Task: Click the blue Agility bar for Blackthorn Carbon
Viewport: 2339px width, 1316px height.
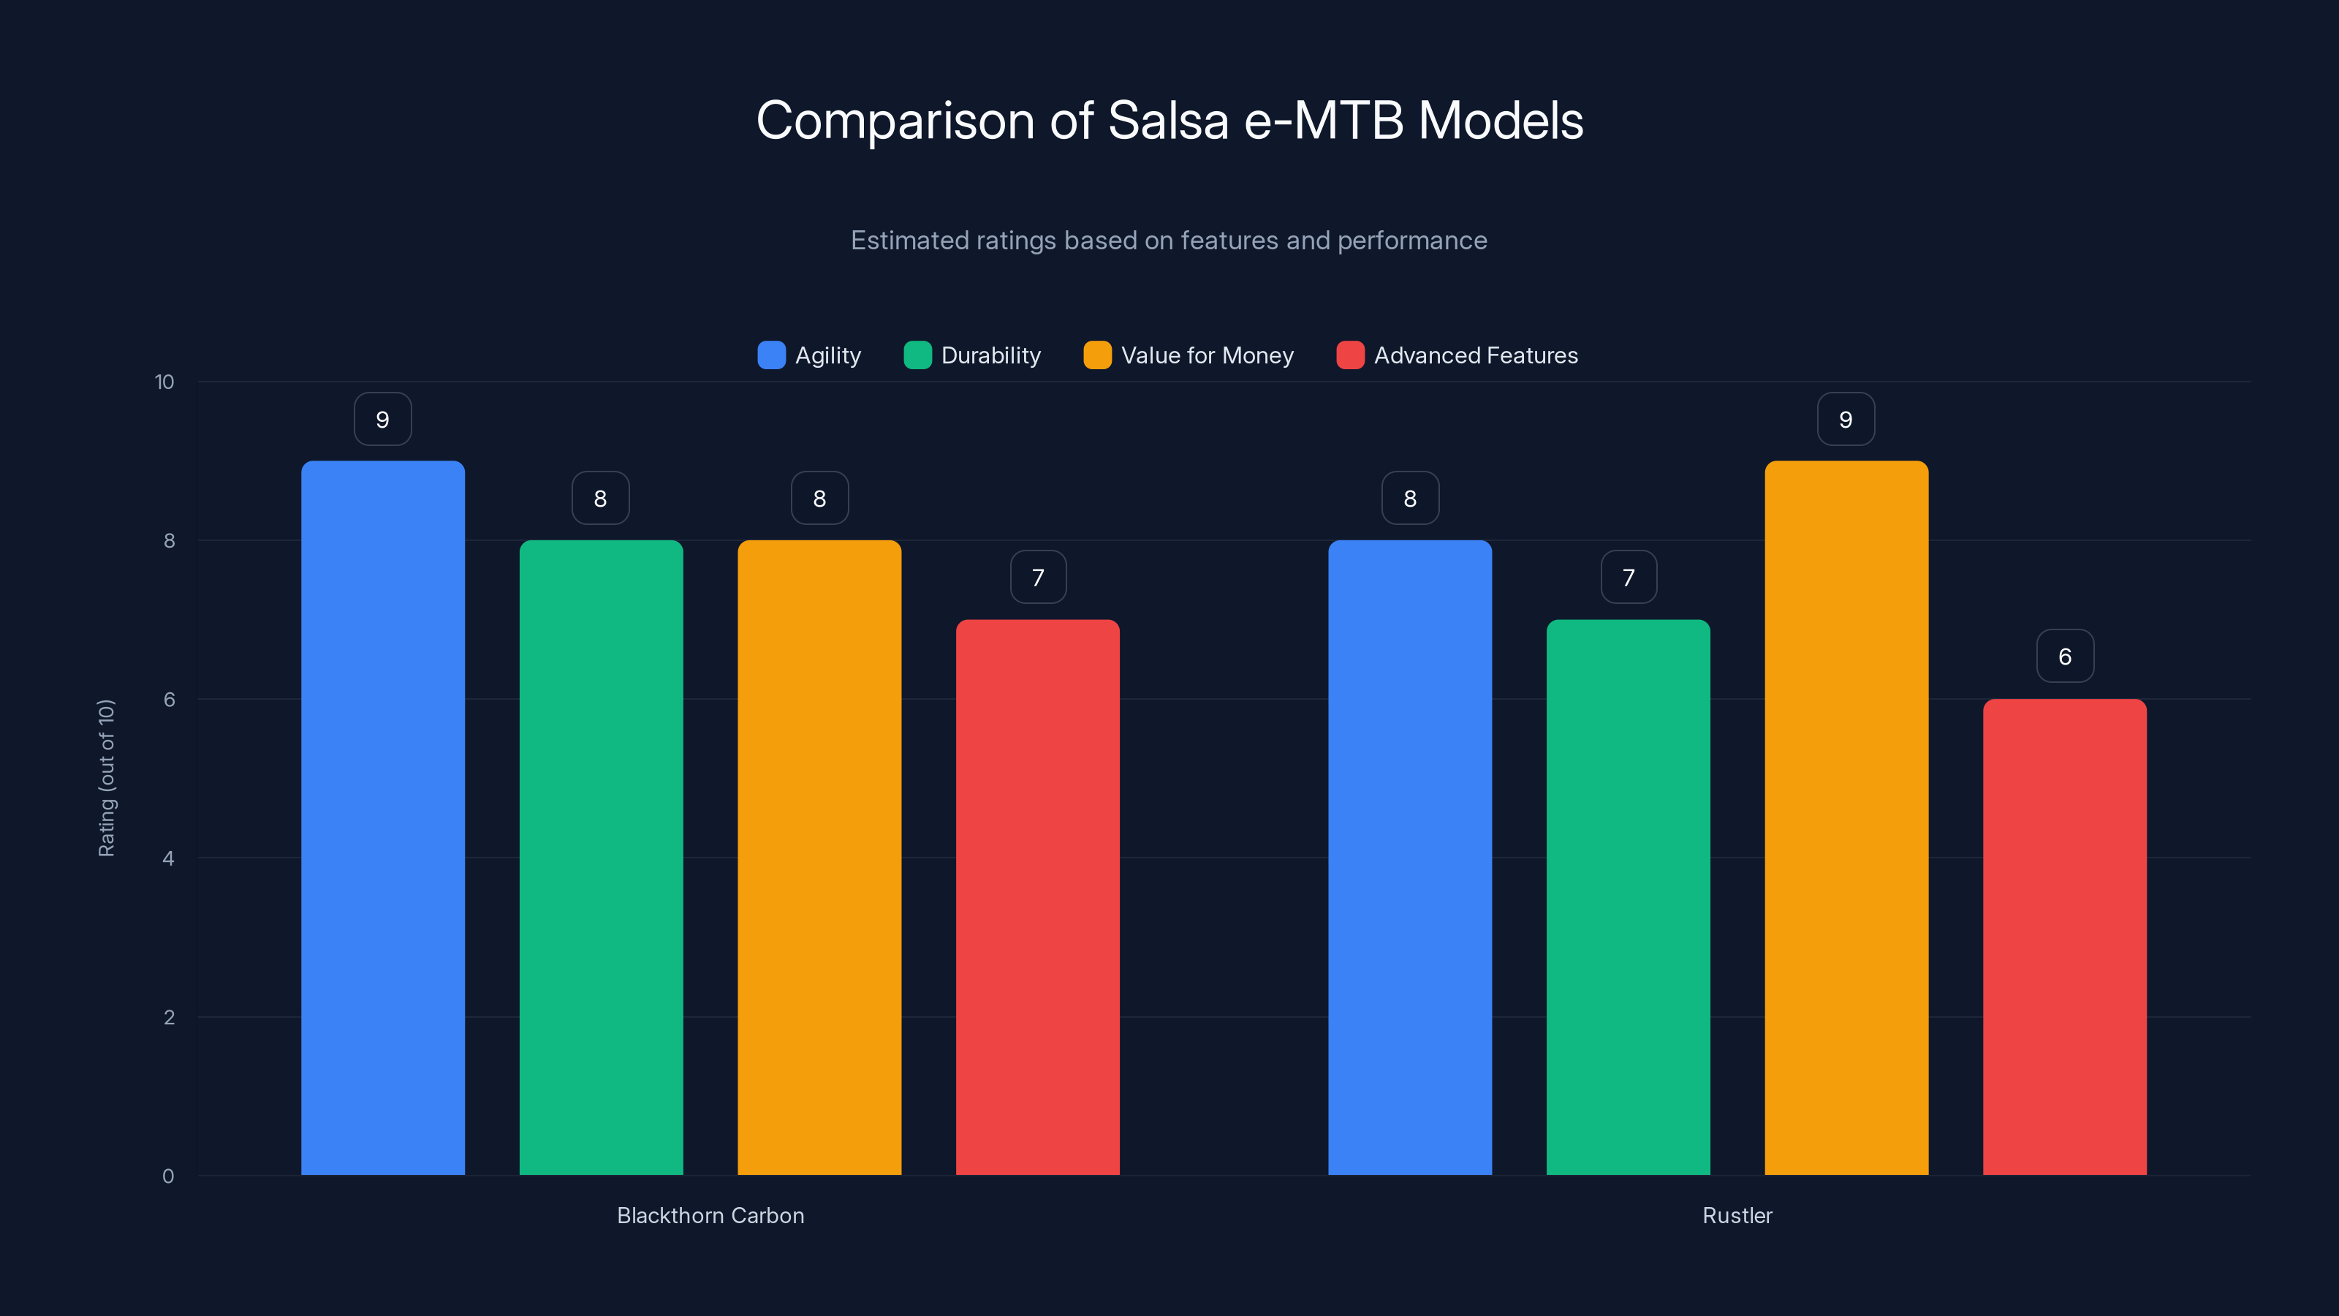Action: (x=382, y=817)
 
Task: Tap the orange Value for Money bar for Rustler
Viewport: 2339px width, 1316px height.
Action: (x=1846, y=817)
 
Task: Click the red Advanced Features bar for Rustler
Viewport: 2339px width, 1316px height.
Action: (x=2064, y=937)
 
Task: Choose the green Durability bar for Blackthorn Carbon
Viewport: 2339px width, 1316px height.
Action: (x=600, y=858)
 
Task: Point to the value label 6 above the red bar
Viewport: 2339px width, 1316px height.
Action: (x=2065, y=657)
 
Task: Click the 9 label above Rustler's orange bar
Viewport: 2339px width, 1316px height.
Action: (x=1845, y=420)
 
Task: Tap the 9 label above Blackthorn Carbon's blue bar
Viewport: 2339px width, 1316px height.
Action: (x=382, y=420)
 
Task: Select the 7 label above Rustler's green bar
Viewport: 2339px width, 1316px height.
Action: (x=1628, y=578)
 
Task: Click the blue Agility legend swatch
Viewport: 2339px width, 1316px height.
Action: (x=771, y=355)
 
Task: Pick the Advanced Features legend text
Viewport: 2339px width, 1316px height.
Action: (x=1476, y=355)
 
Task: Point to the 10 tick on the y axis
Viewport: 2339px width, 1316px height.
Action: (x=164, y=382)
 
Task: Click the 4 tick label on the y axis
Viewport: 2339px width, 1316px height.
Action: (x=168, y=858)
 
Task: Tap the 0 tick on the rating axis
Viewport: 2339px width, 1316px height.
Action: (x=168, y=1176)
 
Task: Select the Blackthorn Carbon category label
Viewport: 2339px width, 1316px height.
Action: (x=710, y=1215)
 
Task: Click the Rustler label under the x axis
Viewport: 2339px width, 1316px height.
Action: (x=1736, y=1215)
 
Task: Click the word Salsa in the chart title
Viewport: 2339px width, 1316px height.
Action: (x=1168, y=121)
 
